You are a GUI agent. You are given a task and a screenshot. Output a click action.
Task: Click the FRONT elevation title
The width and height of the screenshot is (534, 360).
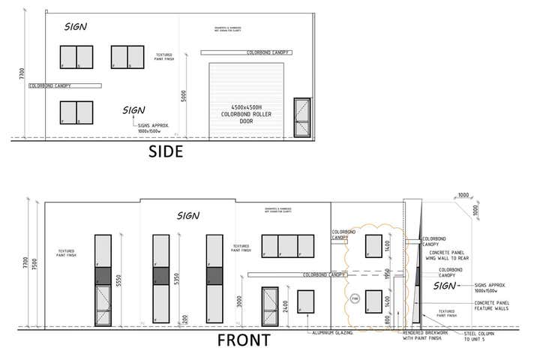(x=244, y=340)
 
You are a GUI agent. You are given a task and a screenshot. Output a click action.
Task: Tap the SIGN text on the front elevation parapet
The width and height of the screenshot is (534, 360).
(x=187, y=216)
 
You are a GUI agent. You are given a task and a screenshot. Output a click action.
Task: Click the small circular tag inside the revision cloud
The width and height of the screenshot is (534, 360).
(x=355, y=298)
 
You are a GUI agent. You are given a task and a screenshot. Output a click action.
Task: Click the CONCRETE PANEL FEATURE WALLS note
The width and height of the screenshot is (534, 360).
(x=493, y=306)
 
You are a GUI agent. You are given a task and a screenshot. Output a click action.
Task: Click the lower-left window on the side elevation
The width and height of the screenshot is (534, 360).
(x=76, y=112)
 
